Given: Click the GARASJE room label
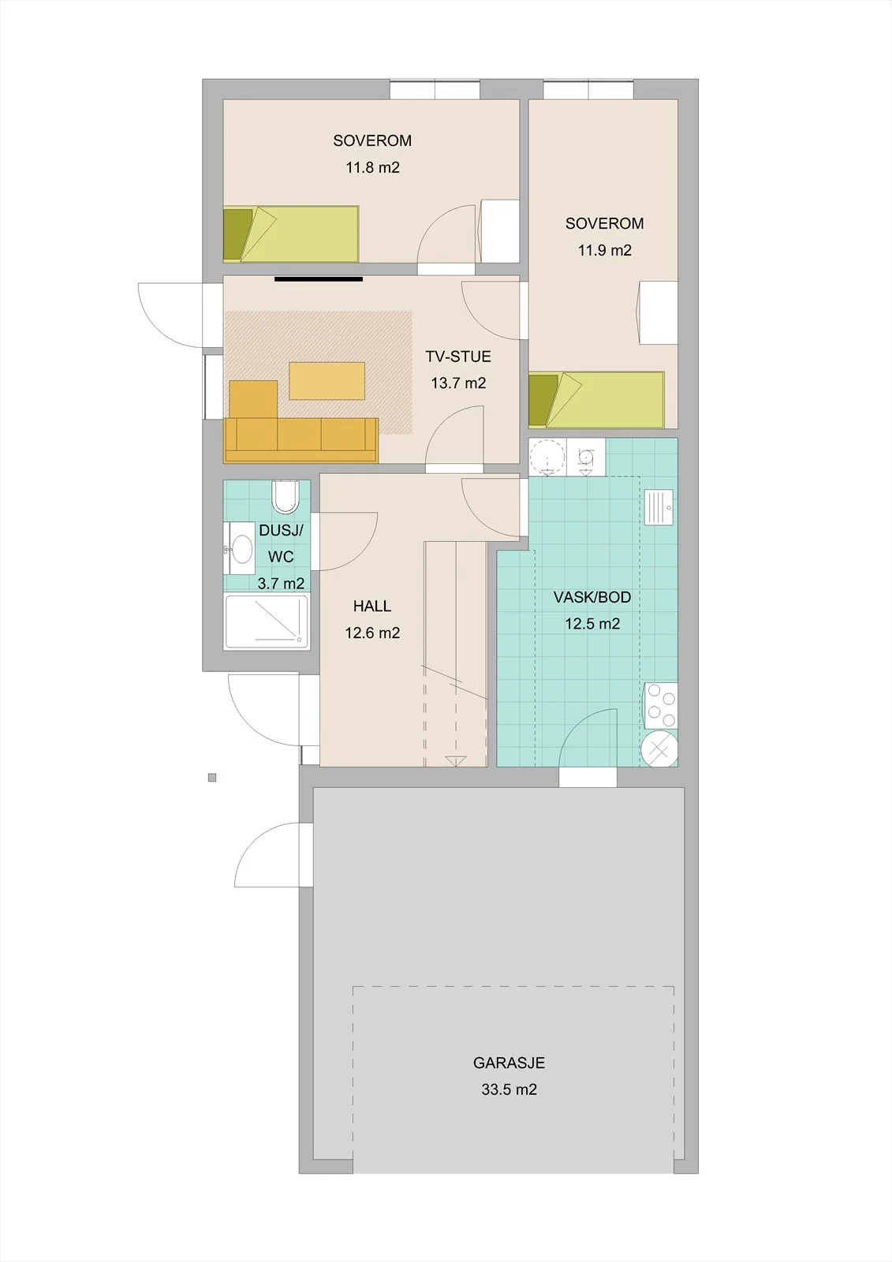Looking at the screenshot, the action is click(x=509, y=1063).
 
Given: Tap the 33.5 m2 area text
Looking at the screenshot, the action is click(x=509, y=1089).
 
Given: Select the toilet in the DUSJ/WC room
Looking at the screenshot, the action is click(x=286, y=496).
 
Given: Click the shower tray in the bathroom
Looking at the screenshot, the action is click(x=267, y=622).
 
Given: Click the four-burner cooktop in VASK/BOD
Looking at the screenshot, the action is click(x=661, y=706).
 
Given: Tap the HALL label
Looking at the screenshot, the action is click(x=372, y=607).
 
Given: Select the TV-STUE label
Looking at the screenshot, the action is click(x=458, y=357).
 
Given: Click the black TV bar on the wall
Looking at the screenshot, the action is click(x=319, y=278).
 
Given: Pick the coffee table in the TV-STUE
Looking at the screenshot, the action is click(x=327, y=381).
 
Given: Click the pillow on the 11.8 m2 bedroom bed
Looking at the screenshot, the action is click(x=238, y=234).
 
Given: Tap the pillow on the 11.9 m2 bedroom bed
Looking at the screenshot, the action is click(x=543, y=400).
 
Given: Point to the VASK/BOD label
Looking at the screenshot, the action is click(x=592, y=597).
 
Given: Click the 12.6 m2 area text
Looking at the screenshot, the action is click(x=372, y=633).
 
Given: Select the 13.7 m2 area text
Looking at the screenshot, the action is click(x=458, y=383).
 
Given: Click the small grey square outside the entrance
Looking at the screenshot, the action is click(x=212, y=778).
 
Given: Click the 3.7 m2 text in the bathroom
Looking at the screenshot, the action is click(x=282, y=584).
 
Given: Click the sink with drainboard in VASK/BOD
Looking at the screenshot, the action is click(x=659, y=507).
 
